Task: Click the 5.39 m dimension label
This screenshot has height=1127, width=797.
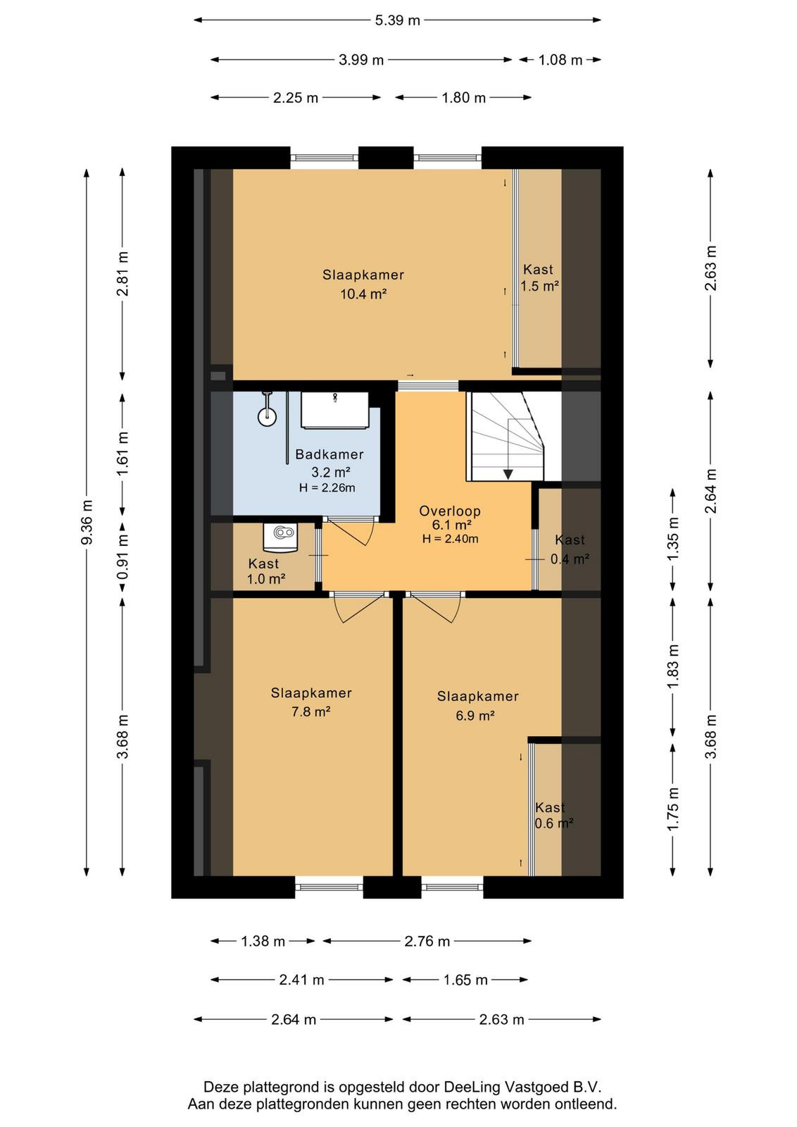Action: tap(397, 20)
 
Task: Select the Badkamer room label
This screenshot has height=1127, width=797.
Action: tap(330, 454)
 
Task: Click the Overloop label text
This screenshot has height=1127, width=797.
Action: tap(450, 511)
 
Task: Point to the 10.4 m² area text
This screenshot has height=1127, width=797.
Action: tap(363, 294)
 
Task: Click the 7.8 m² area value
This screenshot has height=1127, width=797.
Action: tap(310, 711)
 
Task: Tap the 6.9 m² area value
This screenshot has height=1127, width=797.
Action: tap(475, 715)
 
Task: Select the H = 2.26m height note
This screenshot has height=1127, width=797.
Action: tap(327, 487)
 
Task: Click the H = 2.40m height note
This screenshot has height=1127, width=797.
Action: tap(450, 539)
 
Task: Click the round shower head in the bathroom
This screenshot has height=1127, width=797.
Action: tap(267, 417)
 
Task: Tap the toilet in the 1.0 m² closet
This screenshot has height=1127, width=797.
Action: tap(282, 535)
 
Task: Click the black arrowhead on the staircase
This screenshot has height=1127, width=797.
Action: tap(508, 474)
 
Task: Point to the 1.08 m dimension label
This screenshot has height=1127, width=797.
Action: tap(560, 61)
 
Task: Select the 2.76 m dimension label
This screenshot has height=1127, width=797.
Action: tap(427, 941)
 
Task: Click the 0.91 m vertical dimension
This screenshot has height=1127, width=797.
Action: tap(123, 559)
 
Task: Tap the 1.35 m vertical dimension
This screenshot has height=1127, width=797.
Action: tap(673, 539)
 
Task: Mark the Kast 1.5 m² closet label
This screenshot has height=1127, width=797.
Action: tap(539, 278)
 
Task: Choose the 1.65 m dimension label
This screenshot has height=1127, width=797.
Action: tap(465, 980)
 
